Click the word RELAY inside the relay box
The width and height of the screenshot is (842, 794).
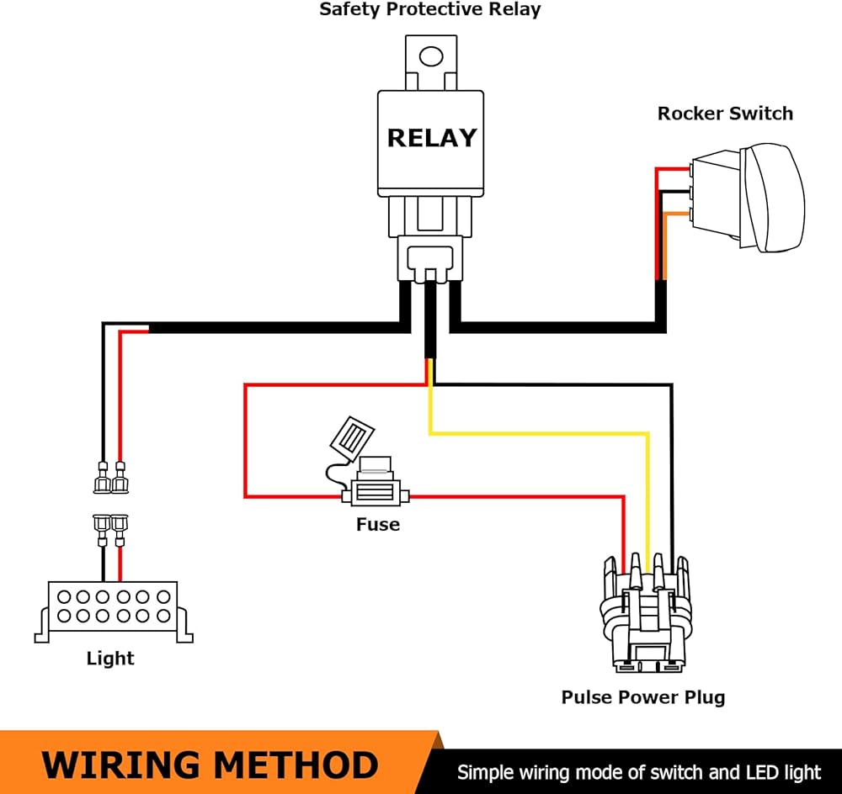[x=431, y=137]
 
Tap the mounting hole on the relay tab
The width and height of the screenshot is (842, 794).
[x=431, y=57]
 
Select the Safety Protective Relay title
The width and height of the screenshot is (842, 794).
[x=429, y=10]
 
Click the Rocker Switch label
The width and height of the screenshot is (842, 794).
[x=725, y=113]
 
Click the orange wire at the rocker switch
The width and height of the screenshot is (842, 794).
[x=664, y=244]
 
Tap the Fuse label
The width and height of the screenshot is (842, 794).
[x=377, y=525]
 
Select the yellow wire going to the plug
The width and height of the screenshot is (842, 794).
[x=539, y=434]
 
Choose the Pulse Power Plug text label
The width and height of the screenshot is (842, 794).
[x=642, y=697]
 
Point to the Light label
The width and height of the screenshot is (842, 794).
[x=110, y=659]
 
